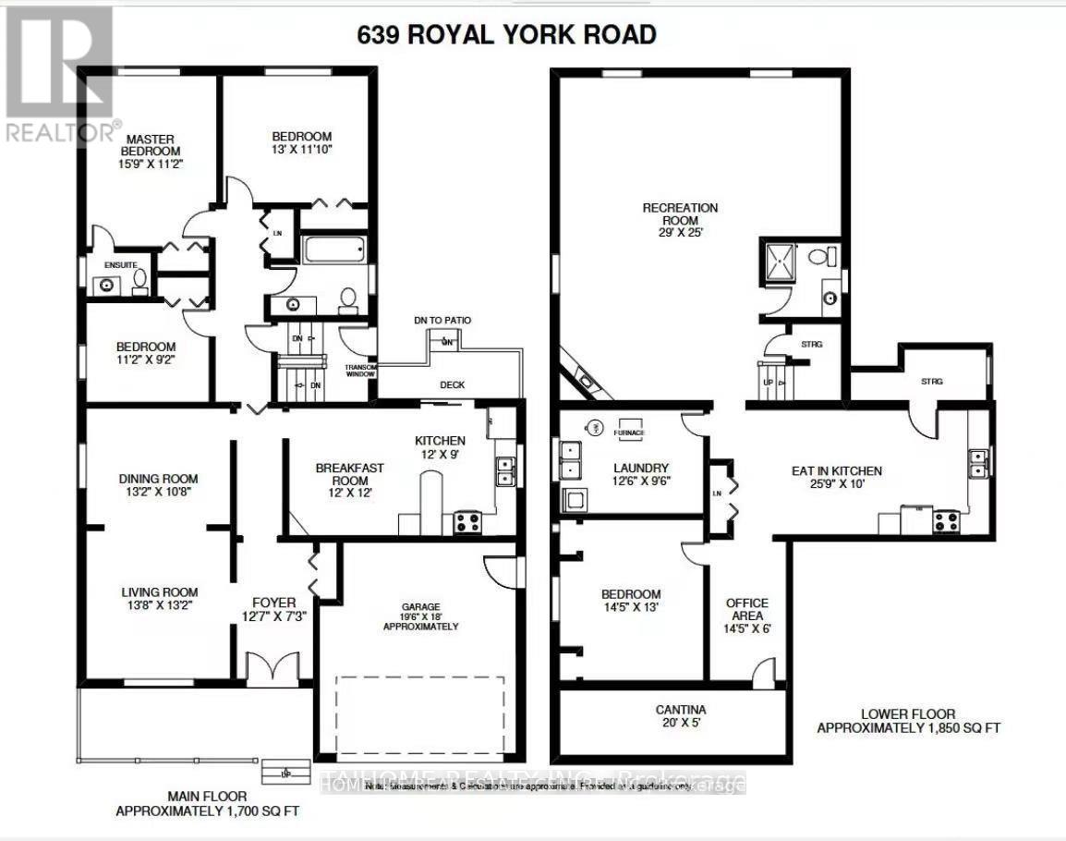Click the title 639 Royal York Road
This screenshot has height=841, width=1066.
point(506,35)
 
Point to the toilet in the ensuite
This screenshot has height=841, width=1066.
point(139,277)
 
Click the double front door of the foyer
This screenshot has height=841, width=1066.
point(273,667)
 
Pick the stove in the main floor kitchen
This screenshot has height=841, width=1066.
point(466,522)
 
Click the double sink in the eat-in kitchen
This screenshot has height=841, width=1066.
point(977,462)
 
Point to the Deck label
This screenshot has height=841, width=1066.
point(453,384)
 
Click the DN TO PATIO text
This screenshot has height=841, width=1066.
point(442,320)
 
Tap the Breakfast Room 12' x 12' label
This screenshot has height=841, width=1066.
point(349,474)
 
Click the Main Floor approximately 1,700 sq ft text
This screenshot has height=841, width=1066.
point(207,805)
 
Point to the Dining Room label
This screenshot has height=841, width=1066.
point(158,485)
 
